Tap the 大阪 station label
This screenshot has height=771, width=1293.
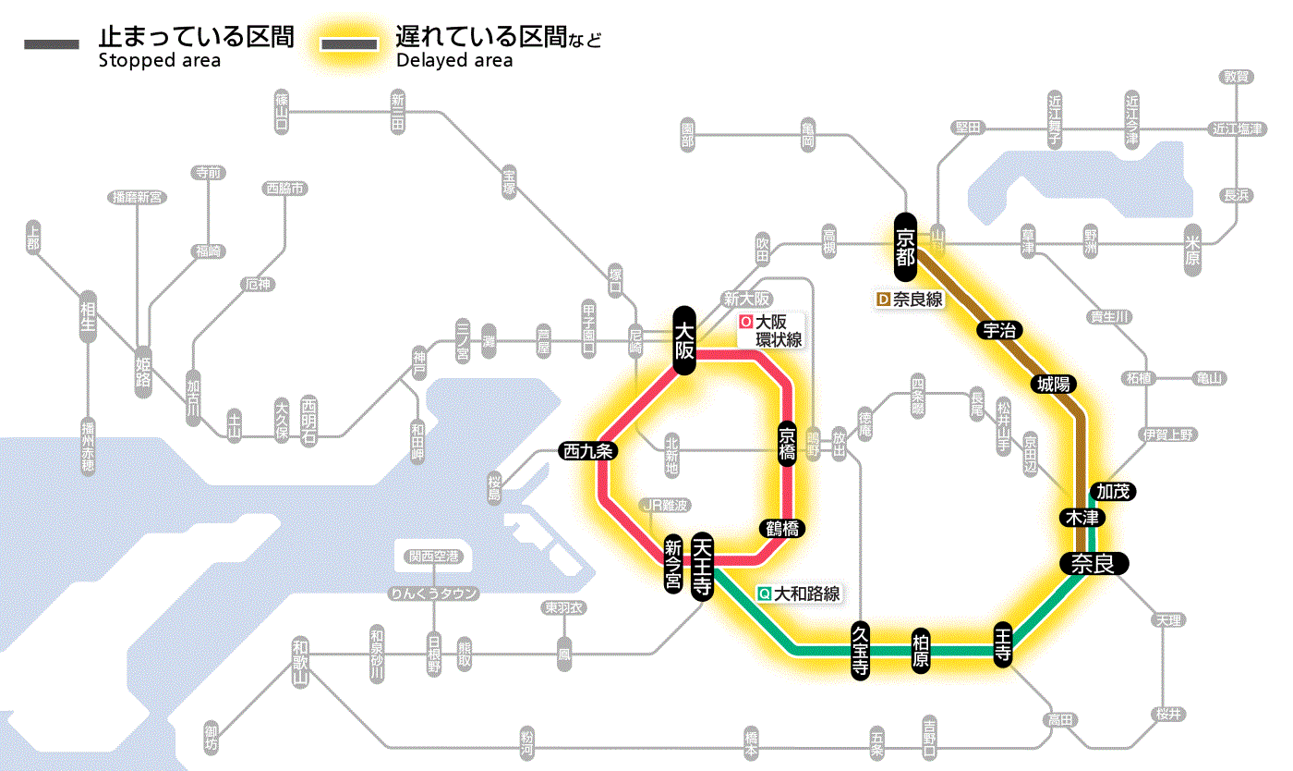(x=683, y=340)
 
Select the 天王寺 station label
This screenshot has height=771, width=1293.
(x=701, y=567)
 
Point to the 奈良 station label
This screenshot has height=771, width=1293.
(x=1093, y=563)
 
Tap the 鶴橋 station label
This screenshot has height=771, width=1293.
(x=781, y=529)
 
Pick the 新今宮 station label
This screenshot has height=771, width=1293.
(x=673, y=565)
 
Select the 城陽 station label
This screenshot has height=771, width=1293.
(x=1053, y=384)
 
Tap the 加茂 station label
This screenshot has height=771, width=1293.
(x=1112, y=491)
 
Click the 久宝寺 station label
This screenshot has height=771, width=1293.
(x=860, y=651)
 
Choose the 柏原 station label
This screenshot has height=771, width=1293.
(x=920, y=651)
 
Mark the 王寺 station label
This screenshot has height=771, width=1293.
(x=1004, y=643)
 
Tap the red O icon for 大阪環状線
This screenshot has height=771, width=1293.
(x=745, y=323)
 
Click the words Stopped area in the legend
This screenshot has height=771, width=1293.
(x=159, y=61)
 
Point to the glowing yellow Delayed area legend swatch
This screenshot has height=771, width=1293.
(x=348, y=44)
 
